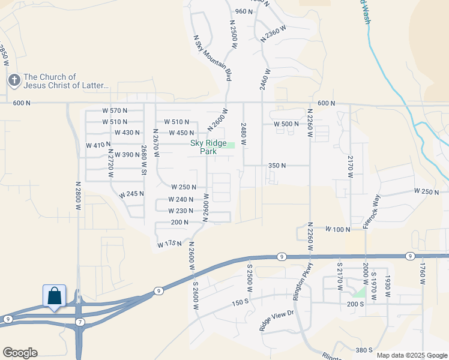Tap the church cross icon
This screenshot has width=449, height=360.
coord(14,80)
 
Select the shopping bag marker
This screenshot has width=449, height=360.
coord(54,295)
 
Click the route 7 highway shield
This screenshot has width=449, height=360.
coord(80,322)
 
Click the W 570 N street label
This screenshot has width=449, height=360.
coord(115,110)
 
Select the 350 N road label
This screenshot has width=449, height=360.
coord(277,165)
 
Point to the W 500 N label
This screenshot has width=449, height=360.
coord(286,124)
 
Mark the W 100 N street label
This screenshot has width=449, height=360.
coord(337,229)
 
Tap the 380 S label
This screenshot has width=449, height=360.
coord(364,350)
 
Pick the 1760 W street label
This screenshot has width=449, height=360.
coord(423,273)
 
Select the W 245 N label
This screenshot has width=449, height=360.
coord(131,194)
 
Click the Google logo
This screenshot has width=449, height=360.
coord(20,353)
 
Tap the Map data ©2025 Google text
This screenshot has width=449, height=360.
coord(411,355)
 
